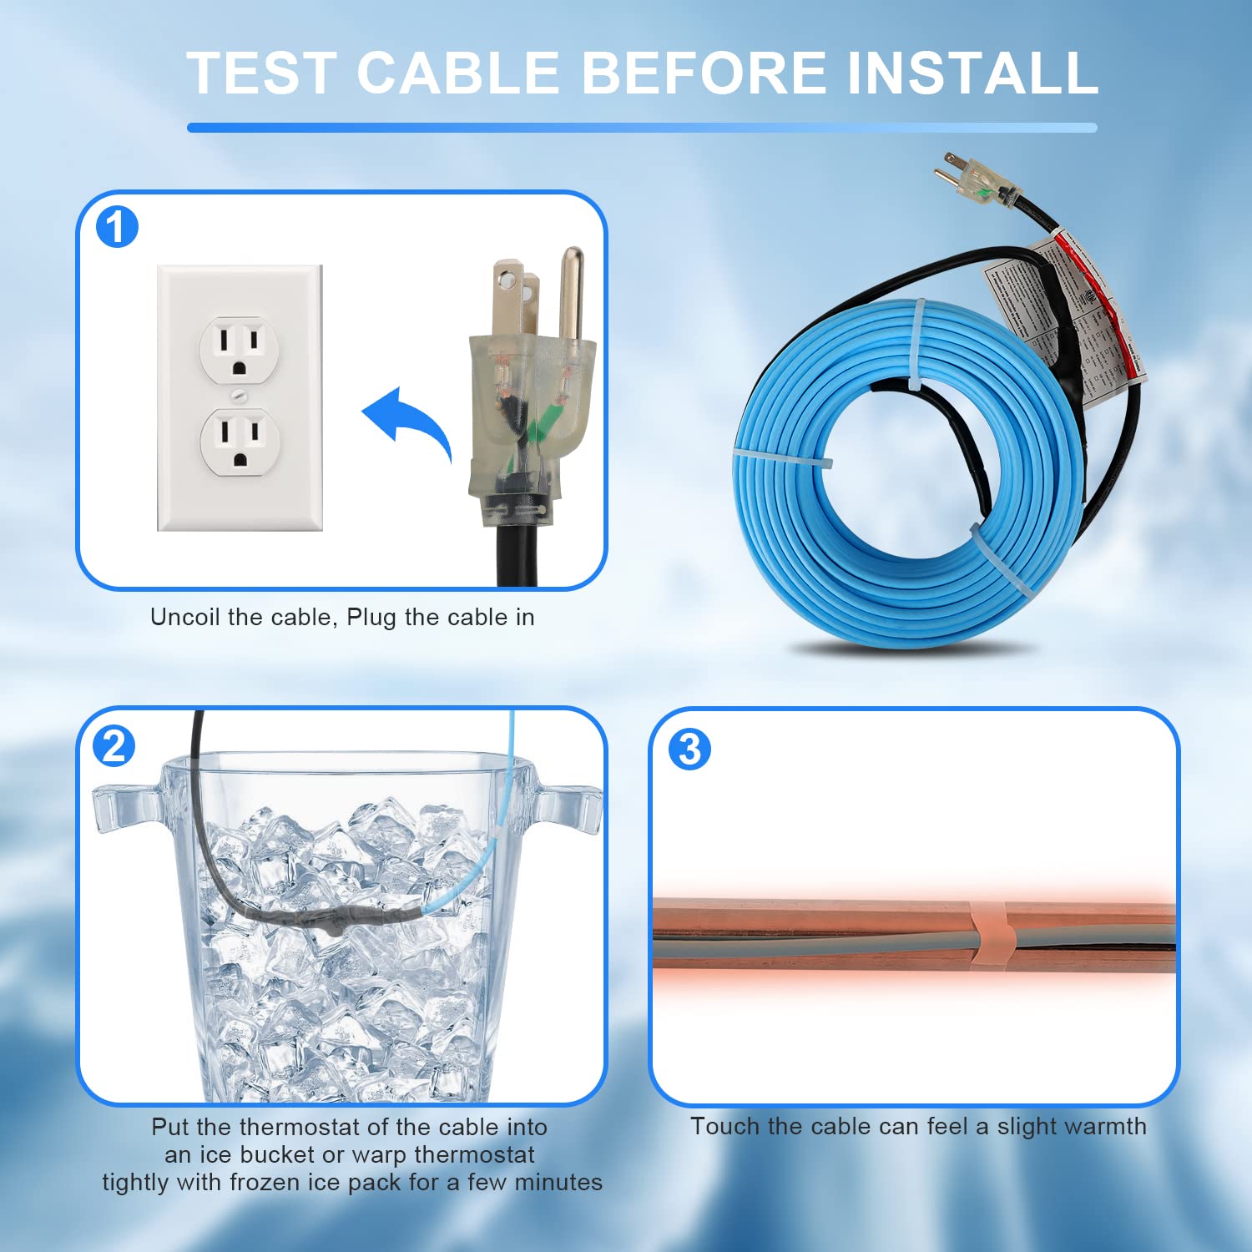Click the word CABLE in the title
click(458, 73)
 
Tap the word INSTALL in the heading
click(972, 73)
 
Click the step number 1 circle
click(117, 227)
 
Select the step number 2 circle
click(114, 745)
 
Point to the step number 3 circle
click(689, 749)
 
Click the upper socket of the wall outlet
click(240, 349)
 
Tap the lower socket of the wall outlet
click(240, 441)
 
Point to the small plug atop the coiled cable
click(977, 180)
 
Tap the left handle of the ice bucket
click(125, 806)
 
